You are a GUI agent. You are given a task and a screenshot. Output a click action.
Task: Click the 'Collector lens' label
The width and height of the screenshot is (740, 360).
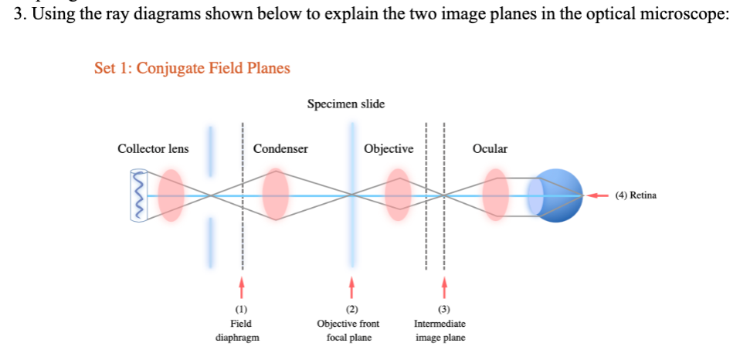tap(152, 148)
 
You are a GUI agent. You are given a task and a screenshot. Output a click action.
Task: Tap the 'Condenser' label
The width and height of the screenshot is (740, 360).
tap(280, 148)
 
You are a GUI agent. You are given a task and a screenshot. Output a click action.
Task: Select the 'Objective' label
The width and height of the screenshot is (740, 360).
tap(389, 148)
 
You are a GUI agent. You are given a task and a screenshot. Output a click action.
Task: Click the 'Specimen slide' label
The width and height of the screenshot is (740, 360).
tap(345, 104)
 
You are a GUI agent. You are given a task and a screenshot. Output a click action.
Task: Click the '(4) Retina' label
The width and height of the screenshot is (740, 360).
tap(636, 195)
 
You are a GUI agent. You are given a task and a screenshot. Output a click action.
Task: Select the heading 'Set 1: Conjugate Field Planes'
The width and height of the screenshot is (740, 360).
tap(192, 68)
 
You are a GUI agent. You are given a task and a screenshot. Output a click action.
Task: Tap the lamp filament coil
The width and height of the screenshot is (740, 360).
tap(139, 196)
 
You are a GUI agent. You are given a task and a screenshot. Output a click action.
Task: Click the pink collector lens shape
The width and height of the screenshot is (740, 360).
tap(171, 196)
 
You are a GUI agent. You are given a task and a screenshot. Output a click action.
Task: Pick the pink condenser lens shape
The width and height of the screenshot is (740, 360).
tap(275, 196)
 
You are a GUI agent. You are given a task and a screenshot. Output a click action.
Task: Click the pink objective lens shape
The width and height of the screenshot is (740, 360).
tap(398, 196)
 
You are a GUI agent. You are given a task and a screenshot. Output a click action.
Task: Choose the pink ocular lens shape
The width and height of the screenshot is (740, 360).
tap(495, 196)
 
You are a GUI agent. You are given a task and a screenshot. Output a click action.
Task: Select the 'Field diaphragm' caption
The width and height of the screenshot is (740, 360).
tap(241, 331)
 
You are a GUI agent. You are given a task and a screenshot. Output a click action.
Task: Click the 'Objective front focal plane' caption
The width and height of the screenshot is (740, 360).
tap(348, 331)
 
